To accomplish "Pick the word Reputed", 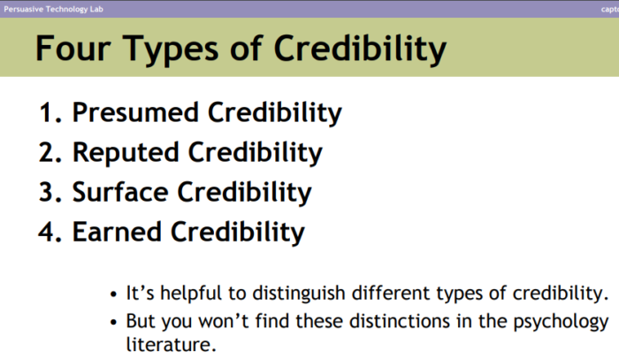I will click(126, 153).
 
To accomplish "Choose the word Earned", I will click(118, 232).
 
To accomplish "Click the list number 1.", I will click(48, 113).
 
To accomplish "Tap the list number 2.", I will click(48, 153).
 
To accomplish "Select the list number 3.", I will click(48, 192).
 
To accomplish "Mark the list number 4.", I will click(48, 232).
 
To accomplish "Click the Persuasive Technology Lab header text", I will click(55, 8).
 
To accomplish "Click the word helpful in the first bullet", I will click(186, 293).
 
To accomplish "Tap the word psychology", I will click(561, 320).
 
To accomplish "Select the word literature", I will click(171, 343).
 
